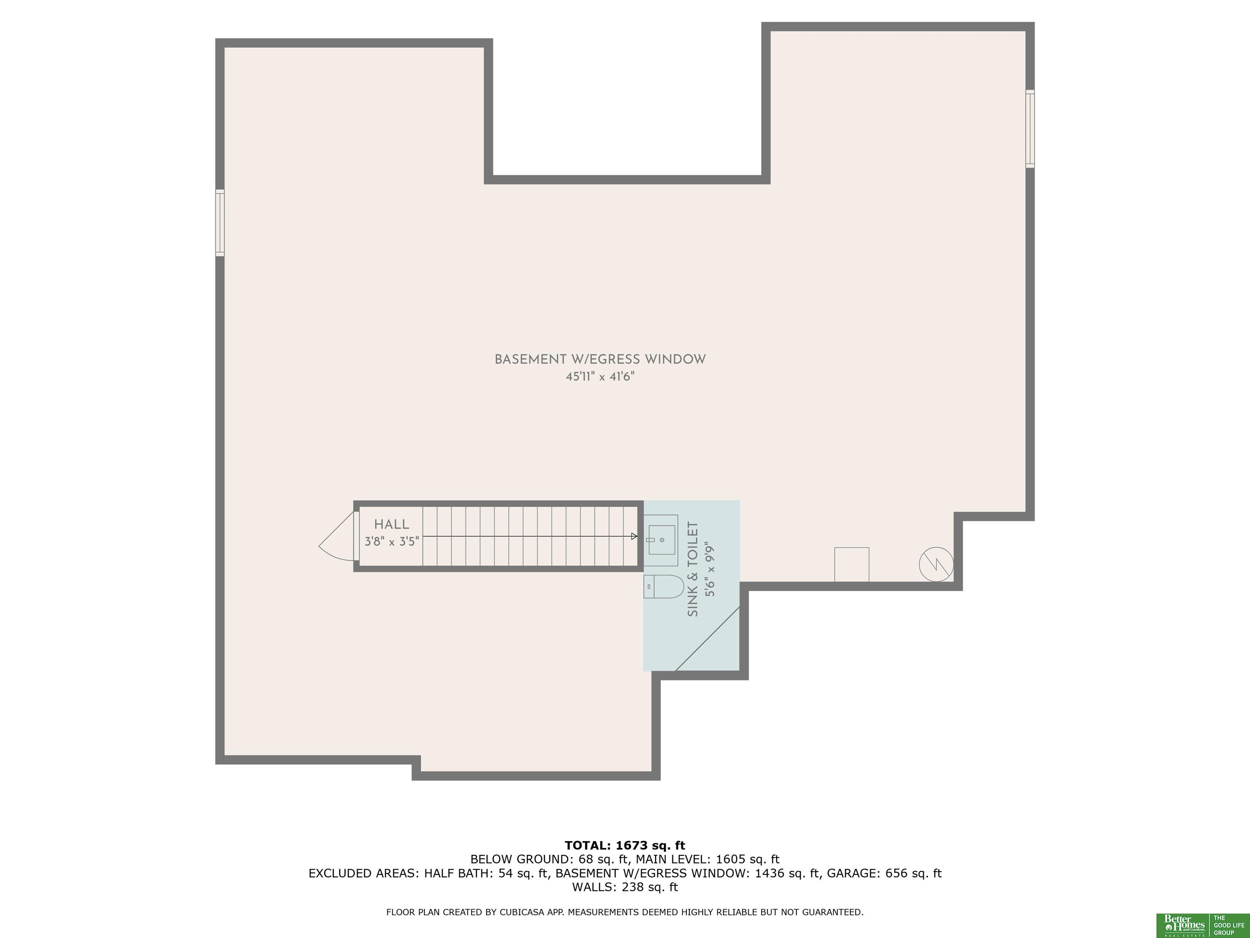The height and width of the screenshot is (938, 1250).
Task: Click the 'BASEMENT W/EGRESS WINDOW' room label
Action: (x=600, y=359)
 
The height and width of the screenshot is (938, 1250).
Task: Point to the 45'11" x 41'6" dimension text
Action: (x=600, y=377)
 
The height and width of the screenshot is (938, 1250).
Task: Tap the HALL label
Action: (x=391, y=525)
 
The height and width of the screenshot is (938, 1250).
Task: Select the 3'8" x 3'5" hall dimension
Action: (x=391, y=541)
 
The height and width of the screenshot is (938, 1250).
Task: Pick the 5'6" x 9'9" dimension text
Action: (x=710, y=570)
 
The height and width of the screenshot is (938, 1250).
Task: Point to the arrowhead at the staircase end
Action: (x=634, y=537)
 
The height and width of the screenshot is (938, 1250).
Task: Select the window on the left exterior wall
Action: (x=220, y=223)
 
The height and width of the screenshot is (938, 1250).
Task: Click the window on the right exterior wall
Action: (x=1030, y=129)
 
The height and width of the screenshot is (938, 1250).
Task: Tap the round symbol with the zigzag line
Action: (x=936, y=564)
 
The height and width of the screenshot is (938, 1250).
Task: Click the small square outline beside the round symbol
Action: (x=852, y=564)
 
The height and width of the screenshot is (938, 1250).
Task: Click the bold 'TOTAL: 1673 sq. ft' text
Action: (x=625, y=845)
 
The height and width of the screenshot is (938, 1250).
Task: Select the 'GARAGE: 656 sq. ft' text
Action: (x=884, y=873)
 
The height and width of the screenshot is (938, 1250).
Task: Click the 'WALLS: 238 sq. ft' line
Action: (x=625, y=887)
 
